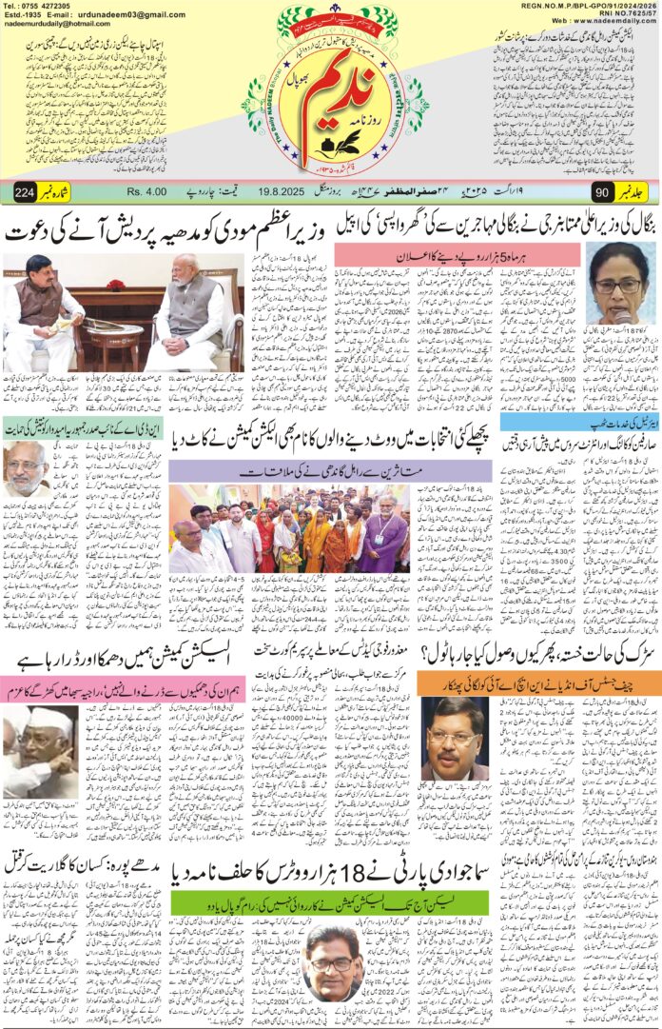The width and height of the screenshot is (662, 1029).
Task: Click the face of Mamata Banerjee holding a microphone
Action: coord(618,281)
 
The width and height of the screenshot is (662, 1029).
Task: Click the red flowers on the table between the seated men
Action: coord(116,286)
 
